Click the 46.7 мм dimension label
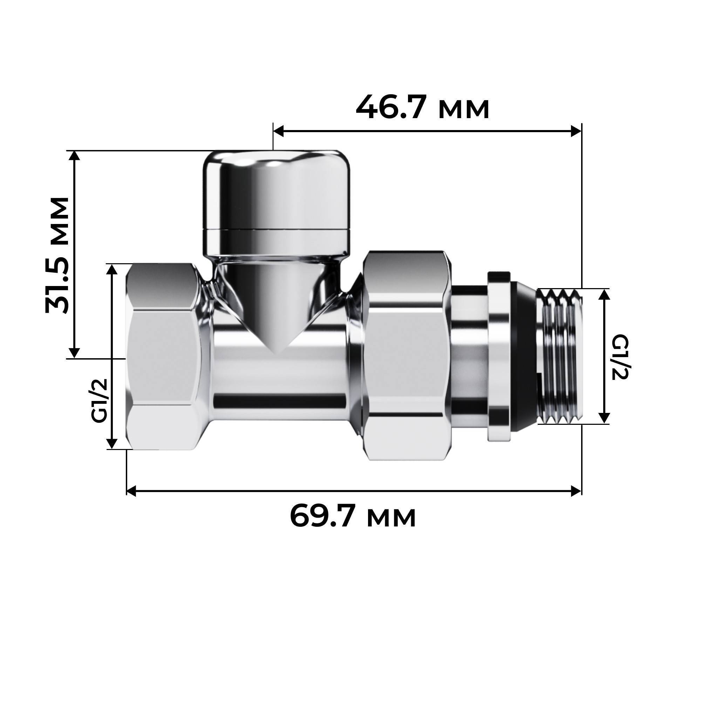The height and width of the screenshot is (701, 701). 422,107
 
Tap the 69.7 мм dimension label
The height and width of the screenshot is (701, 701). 353,516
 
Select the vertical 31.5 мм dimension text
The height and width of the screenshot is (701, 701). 57,255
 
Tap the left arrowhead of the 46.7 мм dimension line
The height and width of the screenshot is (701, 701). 279,131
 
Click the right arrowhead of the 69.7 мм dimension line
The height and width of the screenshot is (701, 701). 576,491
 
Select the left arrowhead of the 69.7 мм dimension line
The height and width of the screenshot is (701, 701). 131,491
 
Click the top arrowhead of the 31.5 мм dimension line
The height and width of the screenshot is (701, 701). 74,156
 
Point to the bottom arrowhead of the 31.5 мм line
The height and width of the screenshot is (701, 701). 74,353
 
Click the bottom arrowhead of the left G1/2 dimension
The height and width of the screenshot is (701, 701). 112,443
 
